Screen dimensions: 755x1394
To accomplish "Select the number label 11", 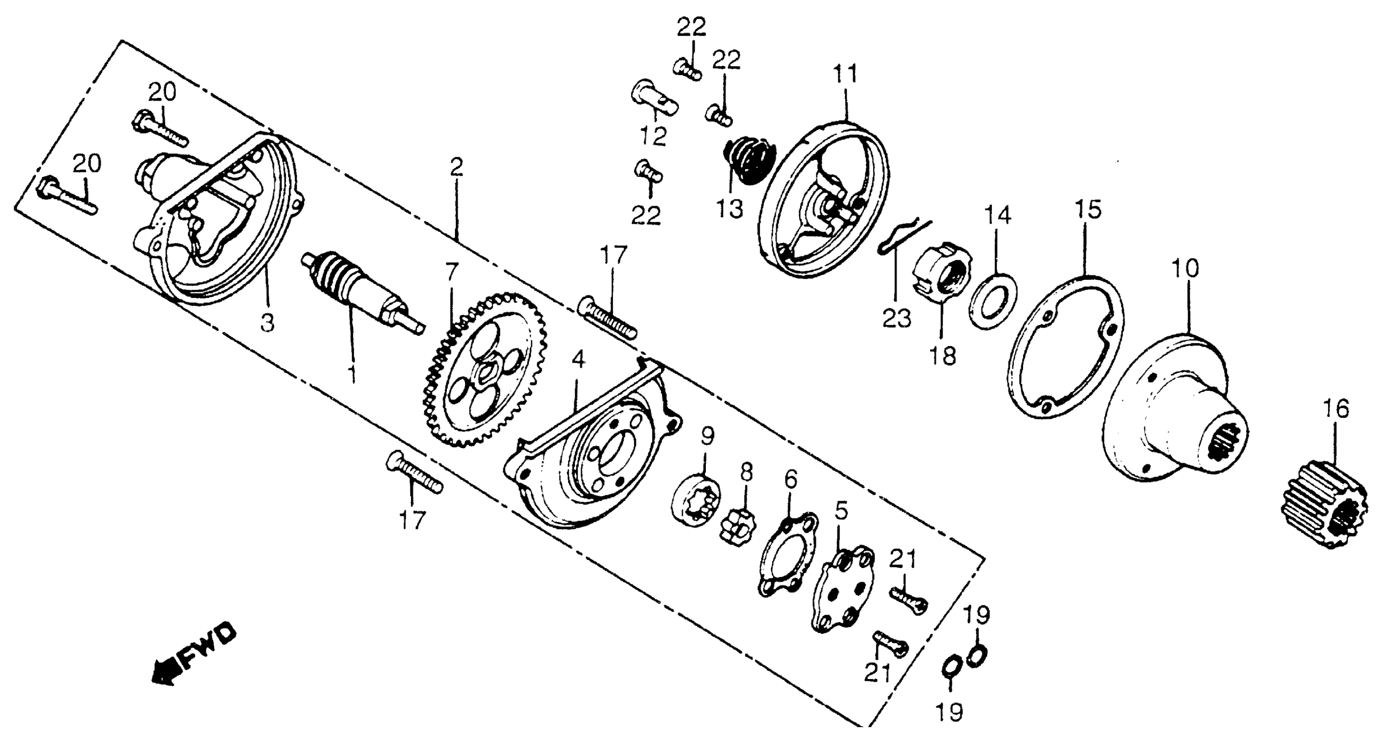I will (845, 74).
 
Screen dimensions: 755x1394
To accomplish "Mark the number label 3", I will (267, 323).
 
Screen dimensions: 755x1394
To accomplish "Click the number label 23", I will (897, 318).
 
